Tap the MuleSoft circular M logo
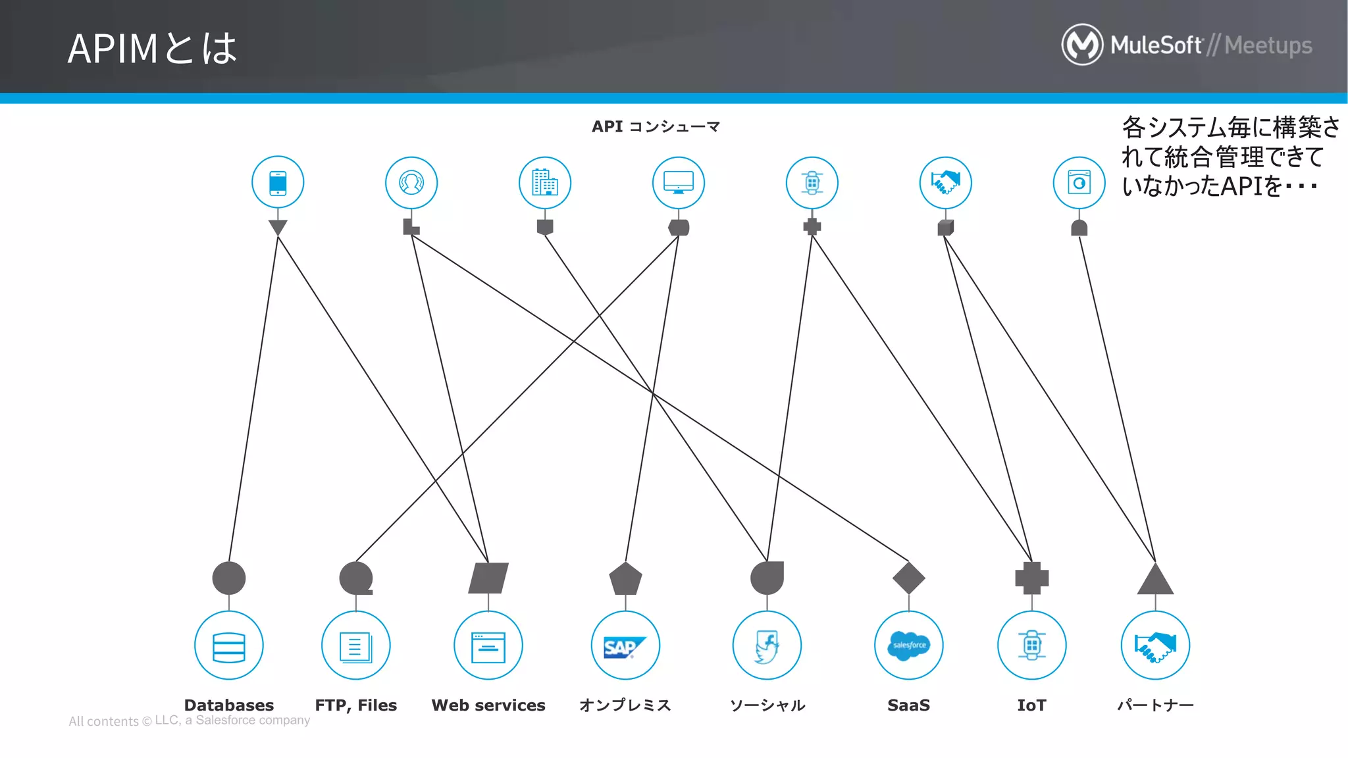tap(1081, 45)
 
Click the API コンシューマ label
tap(656, 126)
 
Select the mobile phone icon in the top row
tap(278, 182)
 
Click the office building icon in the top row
tap(544, 182)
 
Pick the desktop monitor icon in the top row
tap(678, 182)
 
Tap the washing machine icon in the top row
tap(1079, 182)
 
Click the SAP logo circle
tap(625, 645)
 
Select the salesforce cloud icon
tap(908, 645)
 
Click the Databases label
tap(228, 705)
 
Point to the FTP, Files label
tap(355, 705)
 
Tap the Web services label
tap(488, 705)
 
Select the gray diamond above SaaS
tap(908, 578)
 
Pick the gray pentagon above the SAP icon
tap(625, 579)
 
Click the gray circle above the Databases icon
tap(228, 578)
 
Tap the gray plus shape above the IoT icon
tap(1031, 578)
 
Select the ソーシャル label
tap(767, 705)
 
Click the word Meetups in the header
tap(1268, 45)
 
